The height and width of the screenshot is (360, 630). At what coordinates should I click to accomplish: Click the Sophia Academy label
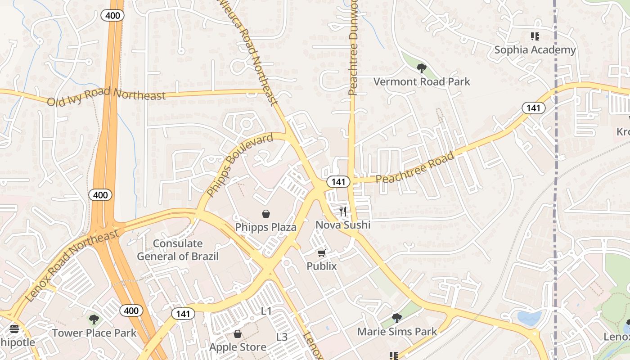click(535, 49)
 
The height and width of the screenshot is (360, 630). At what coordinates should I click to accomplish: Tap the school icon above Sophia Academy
click(535, 36)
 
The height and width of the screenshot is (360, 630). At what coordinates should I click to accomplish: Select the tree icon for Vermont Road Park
click(422, 68)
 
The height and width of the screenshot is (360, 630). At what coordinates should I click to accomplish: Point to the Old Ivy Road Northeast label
click(106, 96)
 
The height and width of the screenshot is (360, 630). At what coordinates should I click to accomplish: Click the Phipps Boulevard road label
click(240, 165)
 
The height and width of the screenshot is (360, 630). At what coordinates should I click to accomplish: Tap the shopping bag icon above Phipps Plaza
click(266, 213)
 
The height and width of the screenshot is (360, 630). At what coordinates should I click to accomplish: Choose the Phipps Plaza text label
click(266, 227)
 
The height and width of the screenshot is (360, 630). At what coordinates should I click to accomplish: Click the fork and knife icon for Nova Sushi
click(343, 211)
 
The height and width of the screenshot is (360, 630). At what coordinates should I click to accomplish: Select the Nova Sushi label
click(343, 225)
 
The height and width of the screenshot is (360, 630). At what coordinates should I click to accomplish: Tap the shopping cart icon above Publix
click(321, 253)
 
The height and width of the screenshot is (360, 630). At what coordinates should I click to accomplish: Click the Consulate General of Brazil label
click(178, 250)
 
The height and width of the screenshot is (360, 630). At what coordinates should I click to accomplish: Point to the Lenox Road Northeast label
click(72, 265)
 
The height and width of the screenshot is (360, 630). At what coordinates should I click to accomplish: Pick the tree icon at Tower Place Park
click(94, 319)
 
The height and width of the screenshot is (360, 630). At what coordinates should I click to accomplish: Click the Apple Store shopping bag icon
click(238, 334)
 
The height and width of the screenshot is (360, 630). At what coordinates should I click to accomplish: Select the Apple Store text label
click(238, 347)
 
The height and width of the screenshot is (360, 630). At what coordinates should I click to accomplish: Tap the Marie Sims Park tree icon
click(396, 318)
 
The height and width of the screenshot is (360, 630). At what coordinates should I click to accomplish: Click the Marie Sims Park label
click(397, 332)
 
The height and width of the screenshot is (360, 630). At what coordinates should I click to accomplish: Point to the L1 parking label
click(267, 311)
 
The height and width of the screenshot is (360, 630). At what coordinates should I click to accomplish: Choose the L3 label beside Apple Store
click(282, 337)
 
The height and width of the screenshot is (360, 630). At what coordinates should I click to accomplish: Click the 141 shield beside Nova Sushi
click(338, 181)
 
